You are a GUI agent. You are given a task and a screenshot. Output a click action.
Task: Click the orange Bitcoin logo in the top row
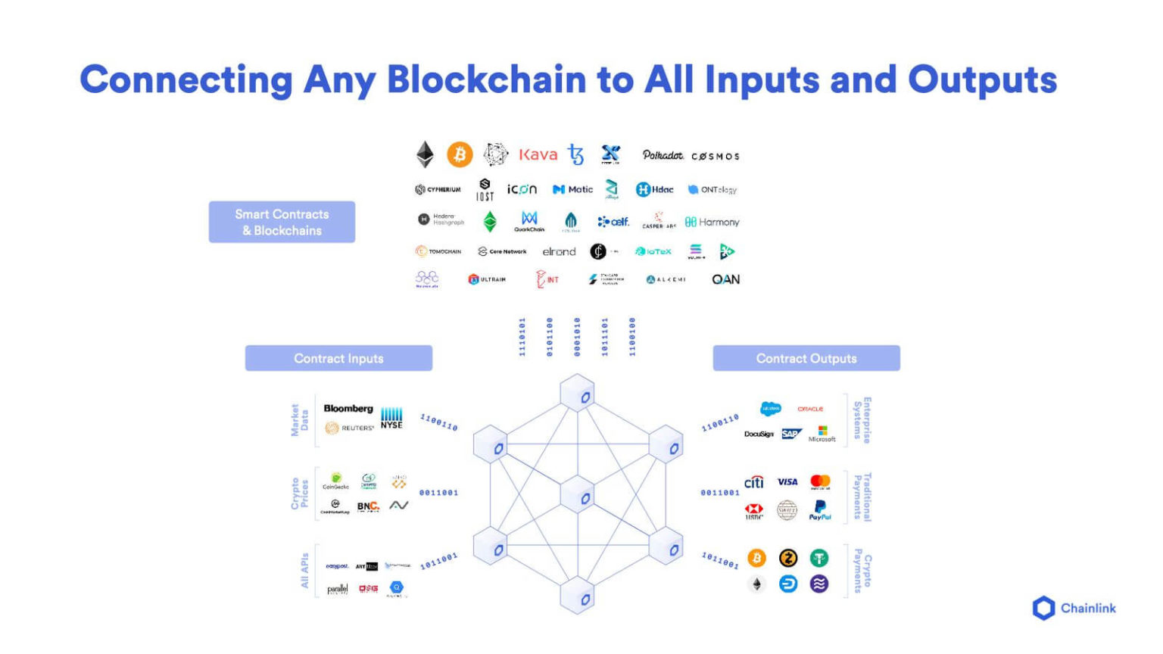click(x=459, y=154)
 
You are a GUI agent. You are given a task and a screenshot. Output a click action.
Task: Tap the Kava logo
click(x=538, y=154)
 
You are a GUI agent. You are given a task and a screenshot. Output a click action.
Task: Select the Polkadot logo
click(x=663, y=155)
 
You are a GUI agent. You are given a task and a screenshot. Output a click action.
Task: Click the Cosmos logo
click(x=715, y=156)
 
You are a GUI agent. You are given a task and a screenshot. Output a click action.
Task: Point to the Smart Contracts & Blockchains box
click(x=282, y=222)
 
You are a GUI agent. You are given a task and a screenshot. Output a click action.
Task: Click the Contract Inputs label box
click(x=338, y=358)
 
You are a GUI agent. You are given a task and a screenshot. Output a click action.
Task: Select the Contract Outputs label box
click(x=806, y=358)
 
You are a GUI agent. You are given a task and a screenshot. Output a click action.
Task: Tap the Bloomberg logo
click(x=348, y=409)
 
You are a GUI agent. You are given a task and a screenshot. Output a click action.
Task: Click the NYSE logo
click(x=391, y=418)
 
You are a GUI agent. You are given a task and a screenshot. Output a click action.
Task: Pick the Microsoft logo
click(x=822, y=434)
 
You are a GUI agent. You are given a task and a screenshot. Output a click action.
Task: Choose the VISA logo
click(x=787, y=482)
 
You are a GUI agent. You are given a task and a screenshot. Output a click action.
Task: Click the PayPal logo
click(x=820, y=510)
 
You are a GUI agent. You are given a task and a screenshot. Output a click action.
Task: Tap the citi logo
click(x=754, y=482)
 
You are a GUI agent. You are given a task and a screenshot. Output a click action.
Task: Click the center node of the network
click(x=578, y=497)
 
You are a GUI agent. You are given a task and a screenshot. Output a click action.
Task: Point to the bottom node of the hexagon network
click(x=578, y=598)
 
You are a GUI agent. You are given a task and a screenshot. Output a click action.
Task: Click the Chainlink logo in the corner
click(x=1074, y=608)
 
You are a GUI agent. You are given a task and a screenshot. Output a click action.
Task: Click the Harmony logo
click(x=712, y=222)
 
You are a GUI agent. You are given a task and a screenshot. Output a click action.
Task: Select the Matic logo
click(x=572, y=189)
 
